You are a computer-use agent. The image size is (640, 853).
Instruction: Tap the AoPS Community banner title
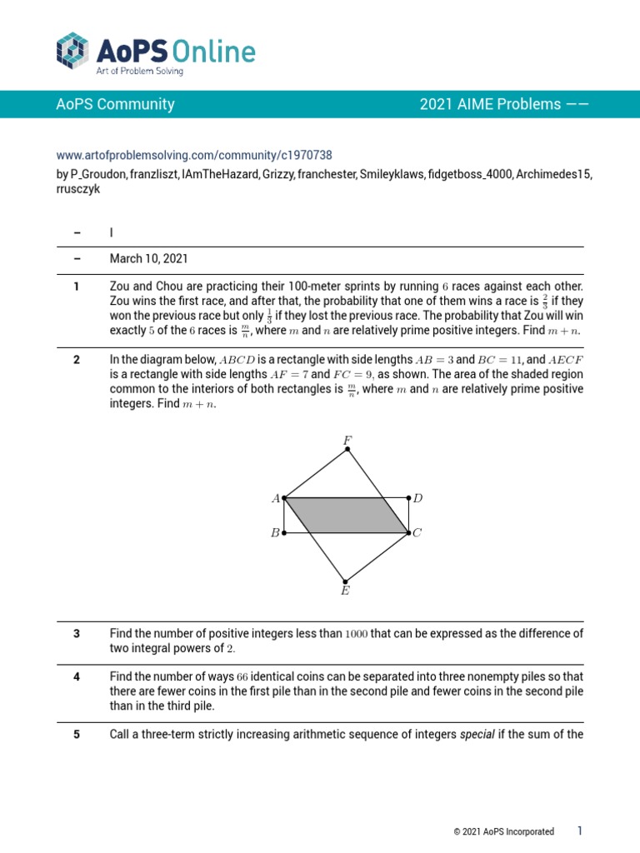115,104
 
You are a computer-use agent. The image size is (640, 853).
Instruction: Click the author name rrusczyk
78,189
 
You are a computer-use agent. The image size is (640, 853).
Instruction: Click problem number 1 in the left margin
76,287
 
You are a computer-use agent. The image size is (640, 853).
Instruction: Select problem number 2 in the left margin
76,360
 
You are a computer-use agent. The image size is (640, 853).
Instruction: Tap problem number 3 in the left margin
76,634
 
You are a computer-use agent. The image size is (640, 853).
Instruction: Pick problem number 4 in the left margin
76,676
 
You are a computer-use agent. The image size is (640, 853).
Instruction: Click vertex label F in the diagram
347,439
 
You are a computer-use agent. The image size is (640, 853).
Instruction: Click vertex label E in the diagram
345,591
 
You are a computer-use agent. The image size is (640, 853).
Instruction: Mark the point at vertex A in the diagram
285,498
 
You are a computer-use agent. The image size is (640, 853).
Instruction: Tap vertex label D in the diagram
418,498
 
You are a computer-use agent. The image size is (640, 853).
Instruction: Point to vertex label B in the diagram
274,533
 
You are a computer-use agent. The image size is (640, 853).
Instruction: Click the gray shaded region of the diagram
346,516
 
